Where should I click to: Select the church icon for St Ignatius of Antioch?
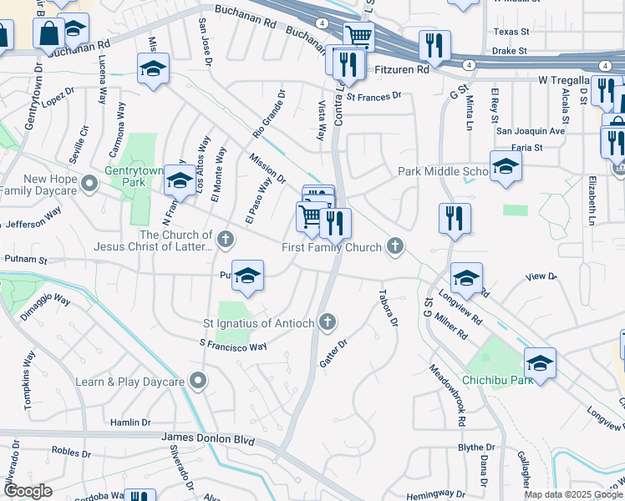click(x=328, y=321)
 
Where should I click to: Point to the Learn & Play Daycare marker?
click(x=197, y=382)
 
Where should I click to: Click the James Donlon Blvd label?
click(x=206, y=438)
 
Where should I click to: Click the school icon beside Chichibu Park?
click(x=541, y=362)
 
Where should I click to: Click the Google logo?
click(x=28, y=491)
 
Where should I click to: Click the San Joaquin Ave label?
click(x=531, y=131)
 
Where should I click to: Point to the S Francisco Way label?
click(x=232, y=344)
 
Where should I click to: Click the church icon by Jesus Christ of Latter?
click(x=225, y=240)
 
